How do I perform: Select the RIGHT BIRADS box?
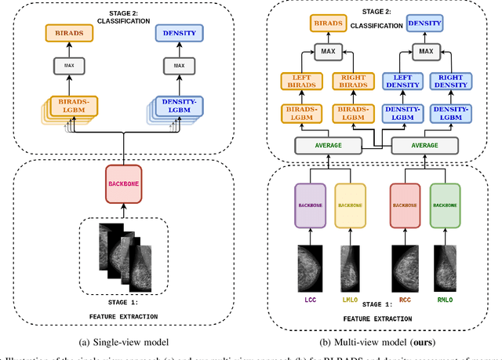(351, 81)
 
